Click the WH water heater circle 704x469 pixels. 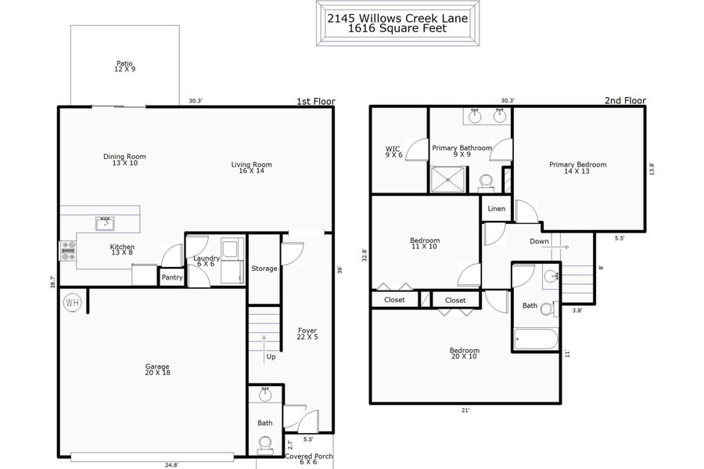pos(72,302)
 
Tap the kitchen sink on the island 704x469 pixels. pos(105,223)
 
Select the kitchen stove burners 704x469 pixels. pos(68,251)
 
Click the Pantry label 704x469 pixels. pos(172,278)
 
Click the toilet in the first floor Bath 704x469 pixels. pos(264,446)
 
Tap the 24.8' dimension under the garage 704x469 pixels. pos(171,465)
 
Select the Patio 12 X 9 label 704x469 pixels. pos(125,66)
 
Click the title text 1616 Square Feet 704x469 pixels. pos(397,28)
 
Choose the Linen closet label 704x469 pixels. pos(496,208)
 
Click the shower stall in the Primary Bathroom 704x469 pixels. pos(447,179)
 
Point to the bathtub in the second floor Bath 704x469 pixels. pos(536,339)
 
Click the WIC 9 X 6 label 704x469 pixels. pos(393,152)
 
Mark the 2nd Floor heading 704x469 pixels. pos(625,101)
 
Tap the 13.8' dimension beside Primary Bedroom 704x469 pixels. pos(652,168)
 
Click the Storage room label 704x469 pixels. pos(264,269)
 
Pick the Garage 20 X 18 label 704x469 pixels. pos(157,370)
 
